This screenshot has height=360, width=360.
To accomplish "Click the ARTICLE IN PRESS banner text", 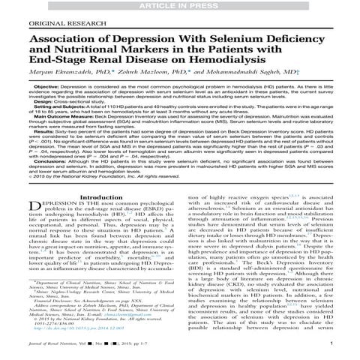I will (x=179, y=5).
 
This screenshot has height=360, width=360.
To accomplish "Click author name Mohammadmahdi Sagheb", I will (x=255, y=86).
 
